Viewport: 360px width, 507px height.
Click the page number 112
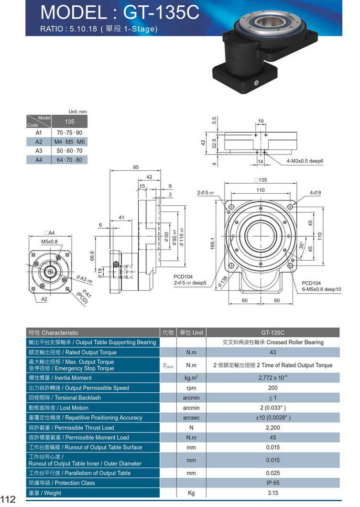pyautogui.click(x=8, y=499)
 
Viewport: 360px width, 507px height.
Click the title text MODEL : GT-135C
pyautogui.click(x=120, y=13)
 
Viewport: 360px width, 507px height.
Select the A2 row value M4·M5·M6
pyautogui.click(x=70, y=142)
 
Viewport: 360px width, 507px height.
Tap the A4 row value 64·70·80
pyautogui.click(x=70, y=160)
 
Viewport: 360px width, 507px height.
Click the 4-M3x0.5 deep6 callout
pyautogui.click(x=305, y=161)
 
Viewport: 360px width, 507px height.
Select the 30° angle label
pyautogui.click(x=301, y=245)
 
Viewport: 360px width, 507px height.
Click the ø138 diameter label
pyautogui.click(x=223, y=282)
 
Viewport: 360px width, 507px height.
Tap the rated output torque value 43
pyautogui.click(x=273, y=353)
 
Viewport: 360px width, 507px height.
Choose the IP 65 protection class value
pyautogui.click(x=273, y=483)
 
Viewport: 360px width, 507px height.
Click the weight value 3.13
pyautogui.click(x=273, y=493)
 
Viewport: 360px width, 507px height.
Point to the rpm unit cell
pyautogui.click(x=191, y=388)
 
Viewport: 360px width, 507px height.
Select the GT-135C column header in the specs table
pyautogui.click(x=273, y=332)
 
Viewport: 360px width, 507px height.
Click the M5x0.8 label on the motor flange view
pyautogui.click(x=49, y=242)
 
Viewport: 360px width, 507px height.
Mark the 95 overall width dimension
pyautogui.click(x=136, y=167)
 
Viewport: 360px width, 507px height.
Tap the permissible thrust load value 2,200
pyautogui.click(x=273, y=428)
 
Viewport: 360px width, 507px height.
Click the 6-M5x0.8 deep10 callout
pyautogui.click(x=321, y=289)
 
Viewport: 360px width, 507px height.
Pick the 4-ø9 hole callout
pyautogui.click(x=315, y=192)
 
